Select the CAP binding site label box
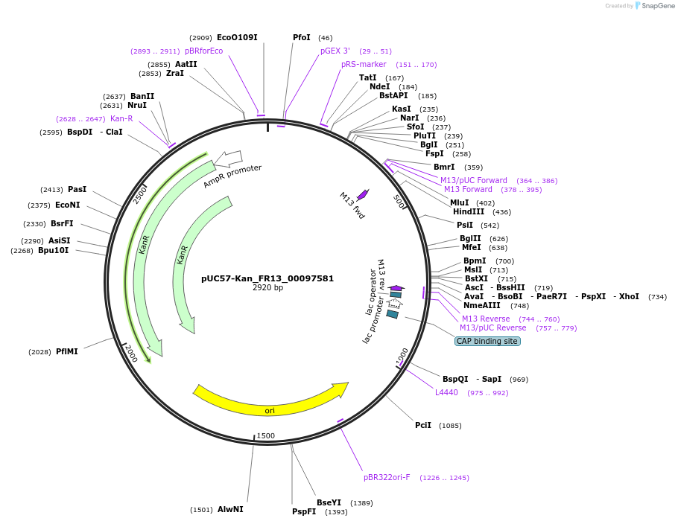[487, 341]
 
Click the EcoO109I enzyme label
[237, 37]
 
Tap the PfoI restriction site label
[302, 37]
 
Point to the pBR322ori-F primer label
[387, 477]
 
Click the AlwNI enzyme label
[230, 509]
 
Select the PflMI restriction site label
[66, 351]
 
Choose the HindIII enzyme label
[468, 211]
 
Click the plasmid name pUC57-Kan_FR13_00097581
[267, 278]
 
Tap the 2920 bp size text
[267, 288]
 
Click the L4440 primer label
[447, 392]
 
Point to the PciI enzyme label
[423, 425]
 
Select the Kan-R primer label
[121, 118]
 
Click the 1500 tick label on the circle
[266, 435]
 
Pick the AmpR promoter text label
[232, 176]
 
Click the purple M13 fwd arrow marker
[363, 194]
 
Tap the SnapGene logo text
[658, 6]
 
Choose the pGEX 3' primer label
[335, 51]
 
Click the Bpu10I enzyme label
[53, 250]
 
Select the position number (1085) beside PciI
[449, 426]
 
